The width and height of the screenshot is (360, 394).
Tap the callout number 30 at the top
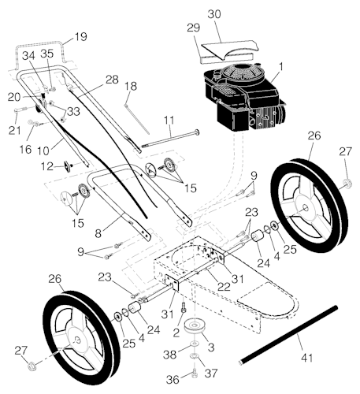214,14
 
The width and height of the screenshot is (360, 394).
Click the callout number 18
131,85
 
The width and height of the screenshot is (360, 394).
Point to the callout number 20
15,95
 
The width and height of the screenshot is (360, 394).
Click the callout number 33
72,112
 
